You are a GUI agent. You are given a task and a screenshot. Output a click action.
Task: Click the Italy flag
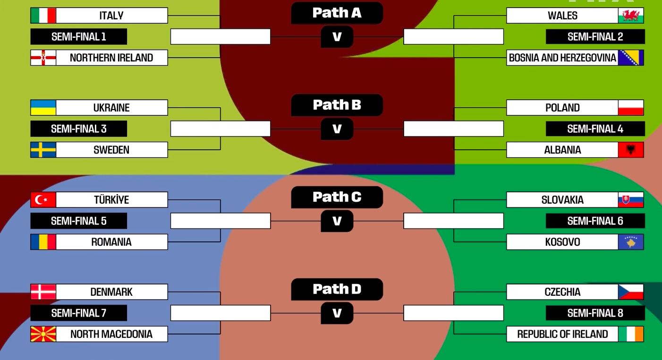pos(43,16)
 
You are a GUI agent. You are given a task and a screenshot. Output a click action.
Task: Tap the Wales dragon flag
pos(631,16)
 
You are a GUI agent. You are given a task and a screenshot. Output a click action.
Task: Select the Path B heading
pos(337,105)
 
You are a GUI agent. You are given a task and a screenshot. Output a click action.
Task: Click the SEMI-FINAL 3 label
pos(79,129)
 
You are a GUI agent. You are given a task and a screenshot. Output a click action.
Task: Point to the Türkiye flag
pos(43,200)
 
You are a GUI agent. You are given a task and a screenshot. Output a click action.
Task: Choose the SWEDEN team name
pos(111,150)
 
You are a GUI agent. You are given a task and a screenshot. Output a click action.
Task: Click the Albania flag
pos(631,150)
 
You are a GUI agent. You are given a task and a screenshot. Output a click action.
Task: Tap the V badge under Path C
pos(337,221)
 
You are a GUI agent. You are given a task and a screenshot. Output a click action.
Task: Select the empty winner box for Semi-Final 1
pos(221,36)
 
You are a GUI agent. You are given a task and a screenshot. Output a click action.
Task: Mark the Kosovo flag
pos(631,242)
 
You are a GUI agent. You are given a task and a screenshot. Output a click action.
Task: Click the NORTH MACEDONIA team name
pos(111,334)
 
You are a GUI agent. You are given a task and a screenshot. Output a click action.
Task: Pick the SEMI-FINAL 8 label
pos(595,313)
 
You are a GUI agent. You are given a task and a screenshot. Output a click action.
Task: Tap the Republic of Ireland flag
pos(631,334)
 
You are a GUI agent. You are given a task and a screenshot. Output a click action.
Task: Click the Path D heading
pos(337,289)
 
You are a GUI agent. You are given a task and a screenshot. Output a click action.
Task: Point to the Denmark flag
pos(43,292)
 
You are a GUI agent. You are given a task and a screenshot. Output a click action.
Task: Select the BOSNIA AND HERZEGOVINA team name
pos(562,58)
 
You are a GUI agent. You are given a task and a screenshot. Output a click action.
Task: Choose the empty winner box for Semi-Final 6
pos(453,221)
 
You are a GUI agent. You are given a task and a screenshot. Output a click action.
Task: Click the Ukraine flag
pos(43,108)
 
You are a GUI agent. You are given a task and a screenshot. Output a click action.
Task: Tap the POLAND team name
pos(562,108)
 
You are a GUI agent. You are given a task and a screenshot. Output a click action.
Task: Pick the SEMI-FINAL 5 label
pos(79,221)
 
